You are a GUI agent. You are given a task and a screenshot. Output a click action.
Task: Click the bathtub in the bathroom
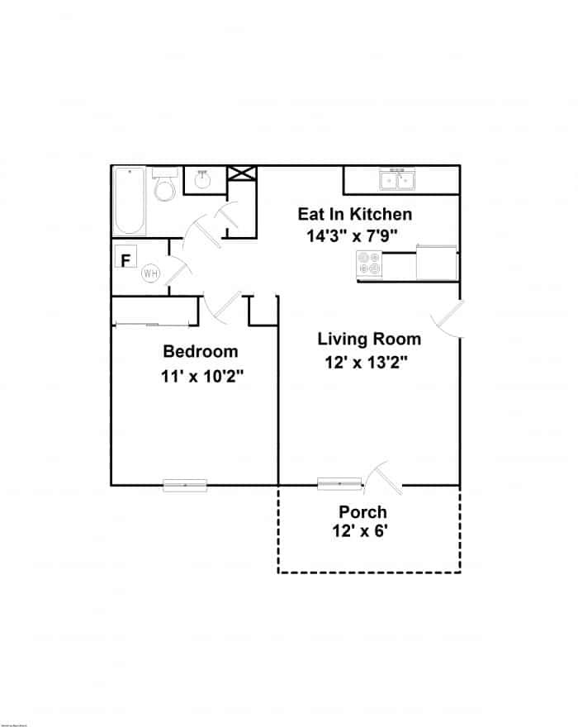point(130,201)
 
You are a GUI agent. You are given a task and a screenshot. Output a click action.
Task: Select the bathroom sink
point(202,179)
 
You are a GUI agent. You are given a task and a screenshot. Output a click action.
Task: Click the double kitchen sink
point(397,179)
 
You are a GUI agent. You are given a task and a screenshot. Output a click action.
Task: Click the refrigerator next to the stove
point(438,263)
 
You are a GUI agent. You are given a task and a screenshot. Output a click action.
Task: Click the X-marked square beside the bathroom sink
point(243,173)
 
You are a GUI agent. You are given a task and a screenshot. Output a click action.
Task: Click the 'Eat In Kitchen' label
point(354,214)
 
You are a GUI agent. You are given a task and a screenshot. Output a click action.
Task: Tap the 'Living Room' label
point(369,339)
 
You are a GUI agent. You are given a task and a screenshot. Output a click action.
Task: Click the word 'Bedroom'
point(200,350)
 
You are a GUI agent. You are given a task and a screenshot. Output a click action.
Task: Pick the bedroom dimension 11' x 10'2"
point(202,375)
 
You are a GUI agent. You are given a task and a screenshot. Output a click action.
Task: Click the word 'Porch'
point(362,512)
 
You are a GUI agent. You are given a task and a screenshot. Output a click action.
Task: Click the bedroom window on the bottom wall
point(185,485)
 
